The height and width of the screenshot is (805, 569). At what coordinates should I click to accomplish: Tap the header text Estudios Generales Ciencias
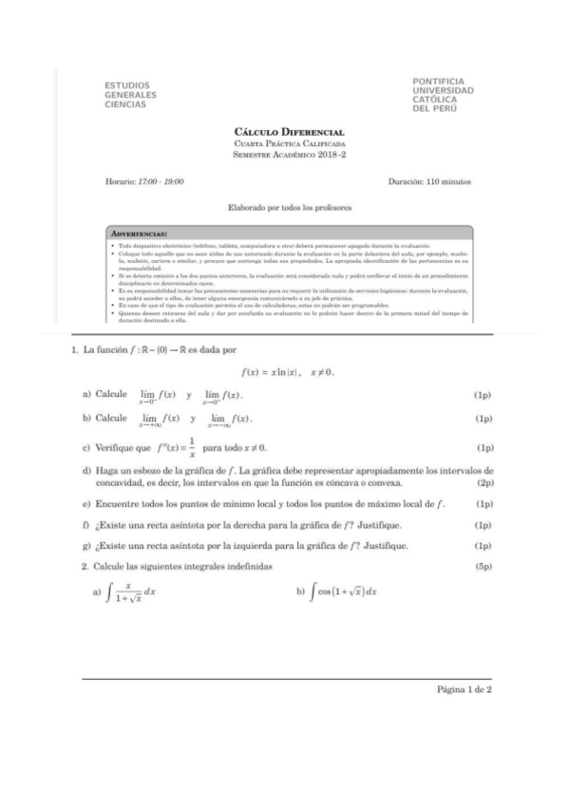130,95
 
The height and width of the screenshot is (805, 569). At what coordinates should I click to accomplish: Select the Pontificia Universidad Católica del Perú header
443,95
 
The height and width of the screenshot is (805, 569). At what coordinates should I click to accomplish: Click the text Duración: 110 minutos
430,180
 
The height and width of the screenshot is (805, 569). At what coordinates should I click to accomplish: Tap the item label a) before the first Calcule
86,394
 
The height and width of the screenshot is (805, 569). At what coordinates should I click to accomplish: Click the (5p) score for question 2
484,566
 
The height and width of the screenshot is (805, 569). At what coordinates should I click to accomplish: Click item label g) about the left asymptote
86,546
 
